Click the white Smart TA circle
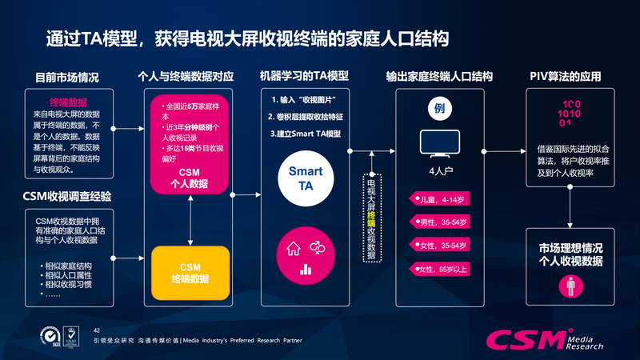coord(305,179)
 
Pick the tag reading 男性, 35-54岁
coord(439,222)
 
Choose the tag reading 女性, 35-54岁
coord(439,245)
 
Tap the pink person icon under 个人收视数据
coord(570,283)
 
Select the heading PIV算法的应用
coord(565,77)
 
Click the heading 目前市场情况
coord(67,78)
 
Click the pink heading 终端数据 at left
coord(68,102)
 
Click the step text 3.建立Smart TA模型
coord(305,134)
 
